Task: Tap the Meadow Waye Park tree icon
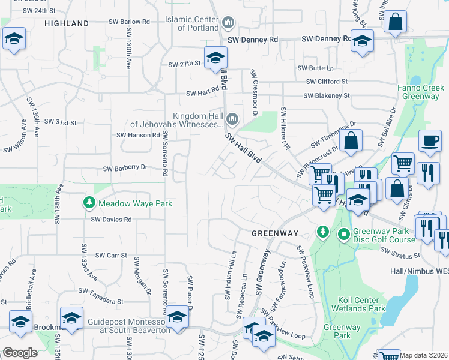pos(89,203)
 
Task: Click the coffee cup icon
pos(429,140)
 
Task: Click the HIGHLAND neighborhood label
pos(67,23)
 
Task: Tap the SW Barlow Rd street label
pos(129,22)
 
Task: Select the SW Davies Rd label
pos(111,220)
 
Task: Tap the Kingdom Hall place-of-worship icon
pos(232,120)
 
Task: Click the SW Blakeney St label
pos(327,95)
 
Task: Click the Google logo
pos(20,353)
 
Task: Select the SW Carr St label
pos(111,255)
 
